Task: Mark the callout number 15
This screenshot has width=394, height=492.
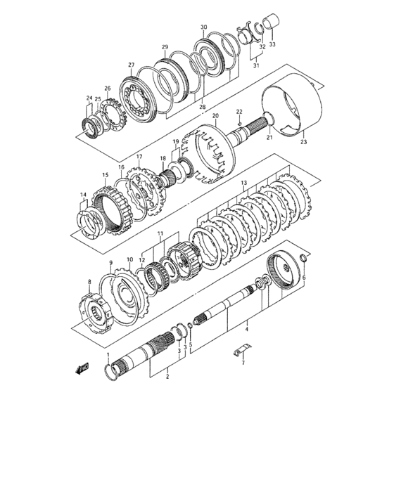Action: pos(105,175)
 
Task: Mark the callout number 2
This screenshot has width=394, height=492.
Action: pos(167,377)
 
